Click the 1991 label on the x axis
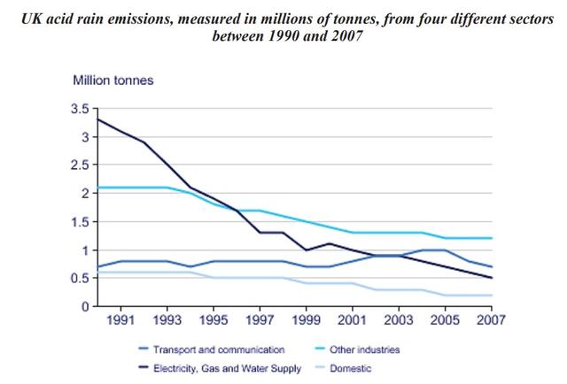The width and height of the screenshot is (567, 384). point(121,320)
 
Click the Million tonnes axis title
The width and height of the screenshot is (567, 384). point(113,80)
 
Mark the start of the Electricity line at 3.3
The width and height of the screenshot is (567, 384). point(97,119)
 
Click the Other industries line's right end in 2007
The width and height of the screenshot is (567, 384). point(491,238)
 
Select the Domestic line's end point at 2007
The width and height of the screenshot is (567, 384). point(491,295)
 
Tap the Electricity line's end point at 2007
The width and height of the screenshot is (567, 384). point(491,278)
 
